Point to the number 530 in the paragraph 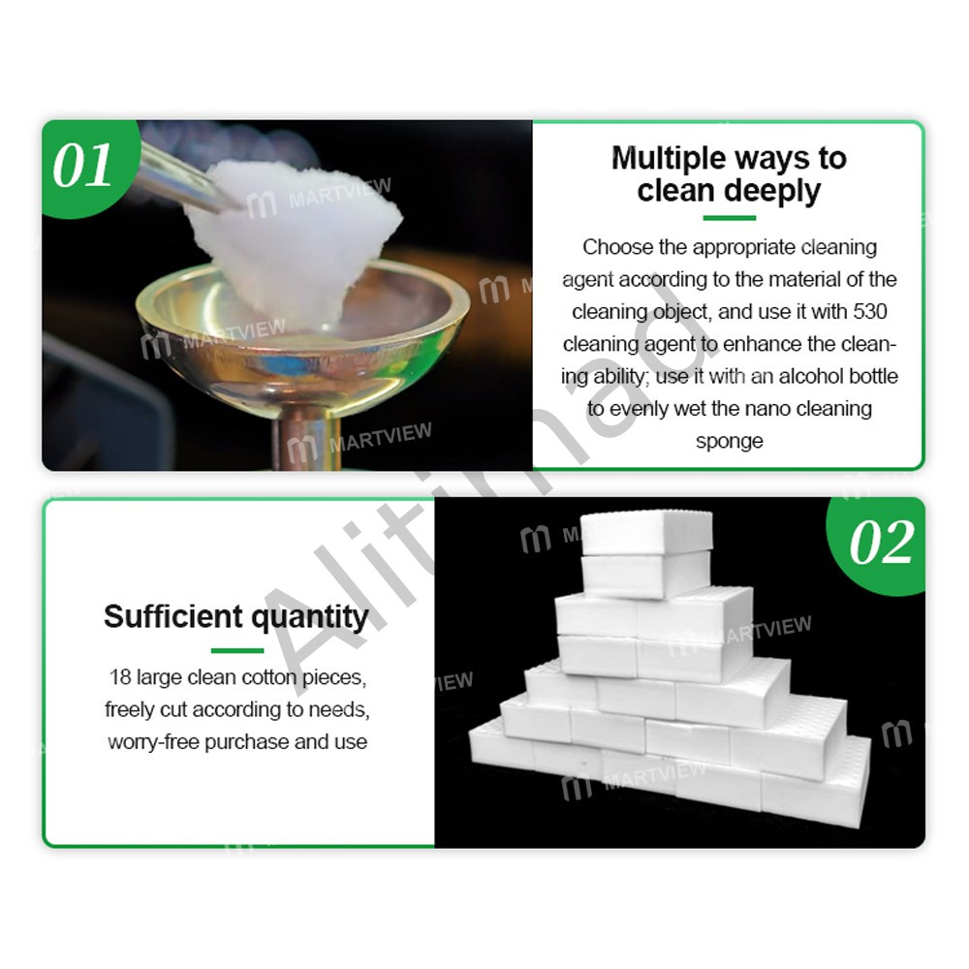869,311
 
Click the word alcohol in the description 812,376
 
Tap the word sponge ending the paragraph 730,442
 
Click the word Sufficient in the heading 173,616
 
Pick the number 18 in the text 120,677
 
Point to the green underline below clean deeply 730,217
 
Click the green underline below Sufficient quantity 237,650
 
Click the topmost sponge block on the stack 646,532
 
